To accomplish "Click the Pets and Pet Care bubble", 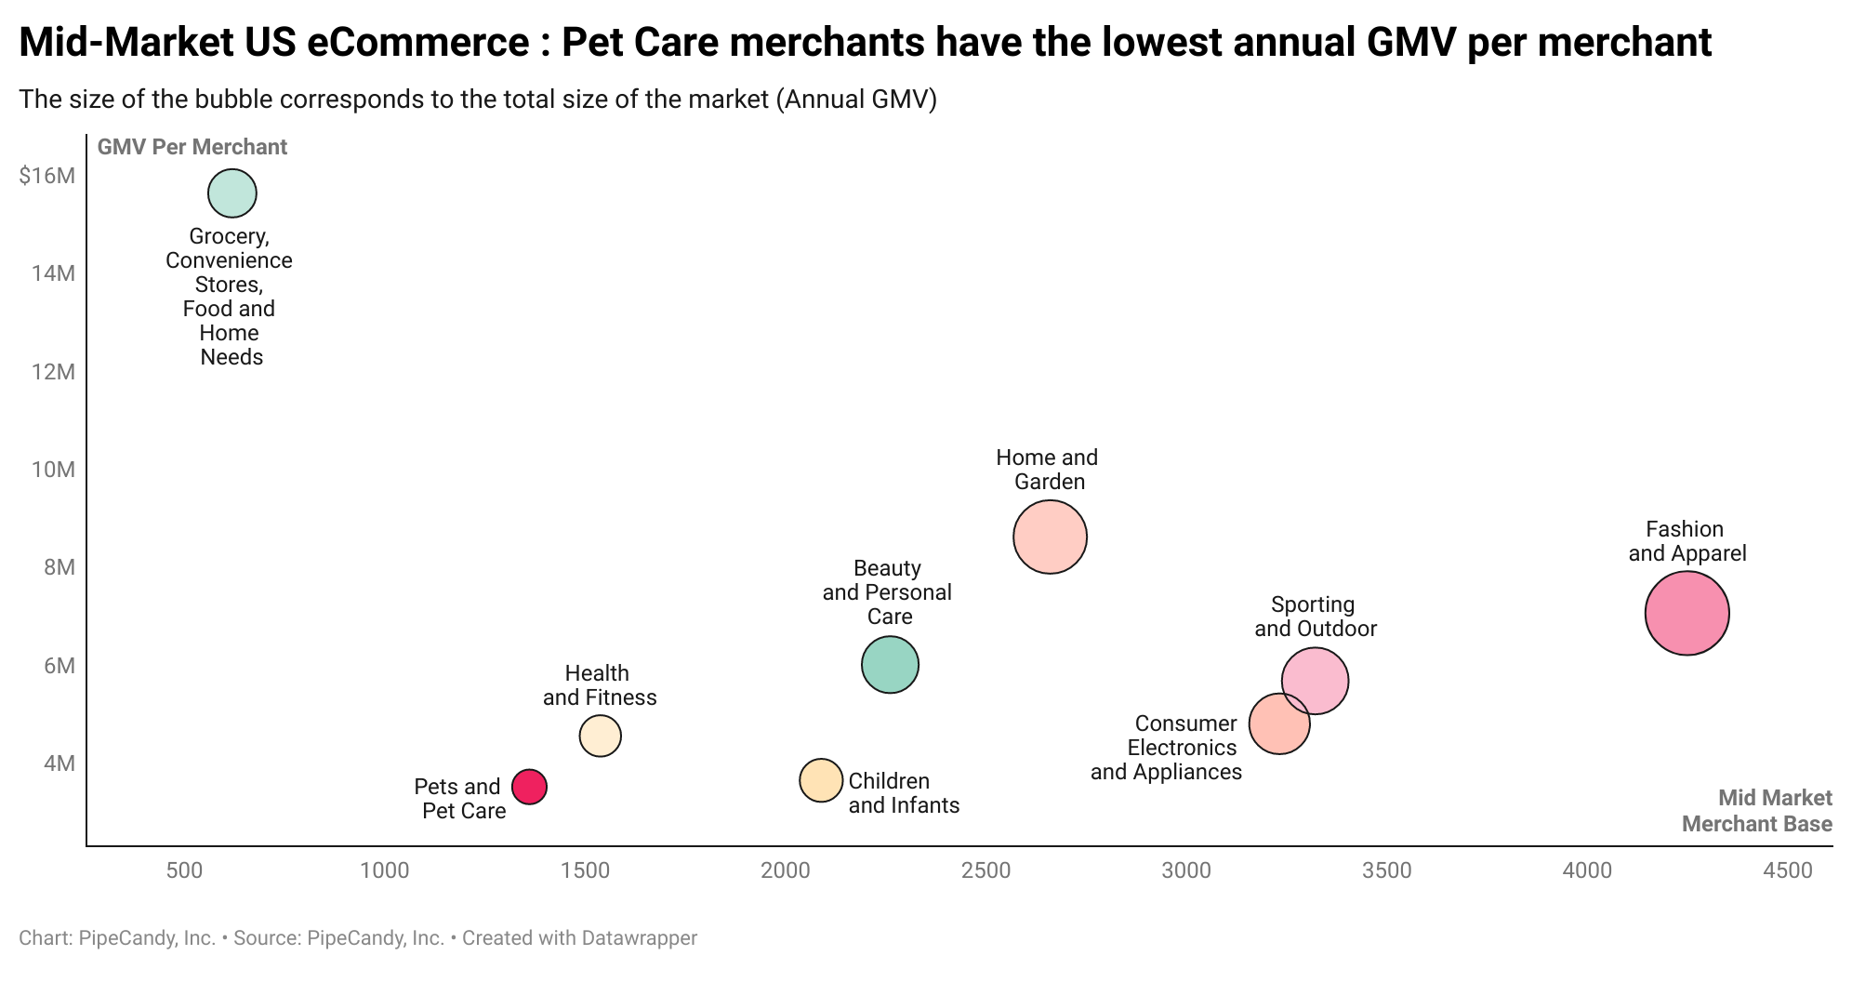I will click(529, 787).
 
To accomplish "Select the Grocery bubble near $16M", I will click(232, 193).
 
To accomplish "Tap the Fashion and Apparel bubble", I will click(1687, 613).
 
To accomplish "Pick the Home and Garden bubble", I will click(1050, 537).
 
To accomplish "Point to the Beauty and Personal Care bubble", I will click(890, 664).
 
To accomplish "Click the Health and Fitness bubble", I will click(600, 736).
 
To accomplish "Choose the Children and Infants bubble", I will click(821, 780).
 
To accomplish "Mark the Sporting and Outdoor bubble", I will click(1316, 681).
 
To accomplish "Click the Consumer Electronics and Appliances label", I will click(1167, 748).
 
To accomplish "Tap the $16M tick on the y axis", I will click(46, 175).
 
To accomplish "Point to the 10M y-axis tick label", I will click(53, 469).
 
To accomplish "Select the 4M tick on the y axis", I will click(59, 763).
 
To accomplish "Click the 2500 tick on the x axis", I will click(986, 870).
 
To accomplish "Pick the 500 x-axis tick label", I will click(184, 870).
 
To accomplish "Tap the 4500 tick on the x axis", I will click(1787, 870).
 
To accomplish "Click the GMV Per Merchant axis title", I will click(192, 147).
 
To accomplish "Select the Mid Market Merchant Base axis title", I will click(1756, 811).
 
